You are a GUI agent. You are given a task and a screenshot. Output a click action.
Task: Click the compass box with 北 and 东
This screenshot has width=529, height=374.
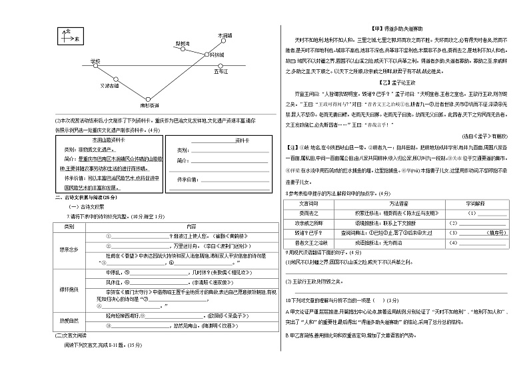(x=69, y=37)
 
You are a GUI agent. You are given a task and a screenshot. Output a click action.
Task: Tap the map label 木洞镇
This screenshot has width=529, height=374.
(x=225, y=35)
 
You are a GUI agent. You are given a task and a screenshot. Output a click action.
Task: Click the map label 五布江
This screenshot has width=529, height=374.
(x=221, y=70)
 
